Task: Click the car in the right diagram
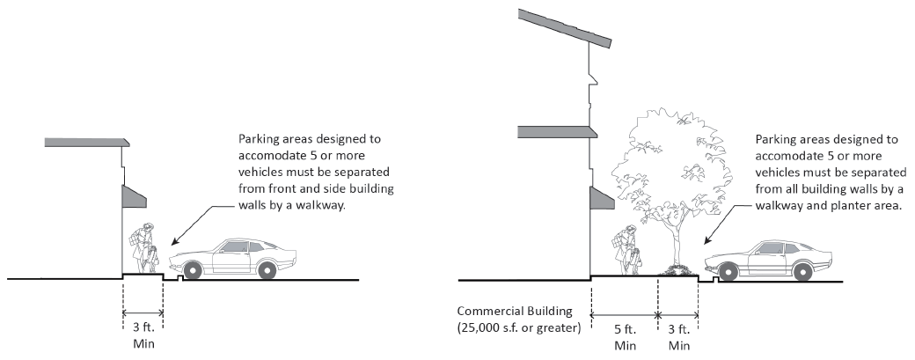770,258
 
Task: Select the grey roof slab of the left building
86,142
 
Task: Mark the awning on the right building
602,198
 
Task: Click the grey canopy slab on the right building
558,132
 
